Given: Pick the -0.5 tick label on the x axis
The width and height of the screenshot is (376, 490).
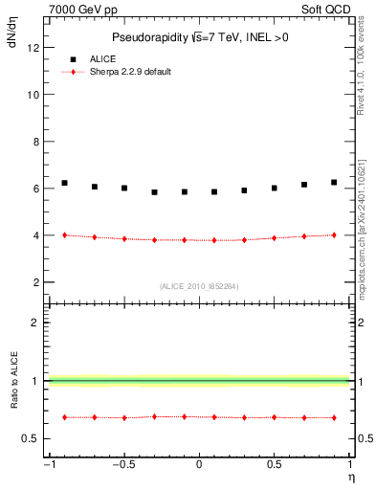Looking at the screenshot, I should click(122, 465).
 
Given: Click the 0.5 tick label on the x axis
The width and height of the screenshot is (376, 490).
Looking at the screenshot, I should click(274, 465).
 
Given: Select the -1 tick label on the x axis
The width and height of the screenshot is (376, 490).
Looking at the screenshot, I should click(48, 465).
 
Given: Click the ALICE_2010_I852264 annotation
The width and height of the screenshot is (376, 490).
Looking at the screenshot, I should click(198, 286).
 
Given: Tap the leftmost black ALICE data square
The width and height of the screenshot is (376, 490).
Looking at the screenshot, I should click(64, 183).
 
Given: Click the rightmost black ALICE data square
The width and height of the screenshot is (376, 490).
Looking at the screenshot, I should click(334, 182).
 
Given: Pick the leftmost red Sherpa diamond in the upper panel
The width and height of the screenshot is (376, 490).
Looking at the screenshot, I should click(64, 234).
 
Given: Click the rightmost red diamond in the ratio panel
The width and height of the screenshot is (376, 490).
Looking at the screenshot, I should click(334, 417).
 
